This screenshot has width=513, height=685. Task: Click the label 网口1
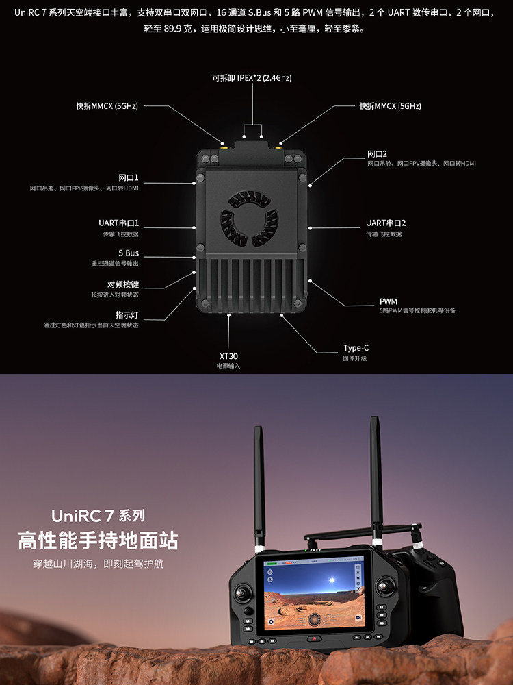pos(129,177)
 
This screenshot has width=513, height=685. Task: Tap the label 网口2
pos(378,153)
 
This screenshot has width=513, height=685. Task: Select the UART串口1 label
pos(118,223)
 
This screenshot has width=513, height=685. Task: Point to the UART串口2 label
pos(386,223)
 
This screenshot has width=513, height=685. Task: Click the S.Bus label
pos(129,253)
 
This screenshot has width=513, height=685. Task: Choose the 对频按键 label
pos(122,284)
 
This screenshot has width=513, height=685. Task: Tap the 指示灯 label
pos(127,315)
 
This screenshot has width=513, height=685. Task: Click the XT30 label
pos(228,356)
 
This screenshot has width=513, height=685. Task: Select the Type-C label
pos(356,348)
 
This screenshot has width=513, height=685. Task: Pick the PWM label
pos(388,301)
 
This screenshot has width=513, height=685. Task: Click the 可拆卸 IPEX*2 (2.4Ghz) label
pos(252,78)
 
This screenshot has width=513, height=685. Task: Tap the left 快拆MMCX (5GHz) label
pos(107,106)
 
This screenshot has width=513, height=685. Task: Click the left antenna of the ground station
pos(259,486)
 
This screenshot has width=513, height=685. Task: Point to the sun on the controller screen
pos(332,580)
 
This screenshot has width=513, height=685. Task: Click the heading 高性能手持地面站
pos(98,540)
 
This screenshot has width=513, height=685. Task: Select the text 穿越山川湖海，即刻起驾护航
pos(98,564)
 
